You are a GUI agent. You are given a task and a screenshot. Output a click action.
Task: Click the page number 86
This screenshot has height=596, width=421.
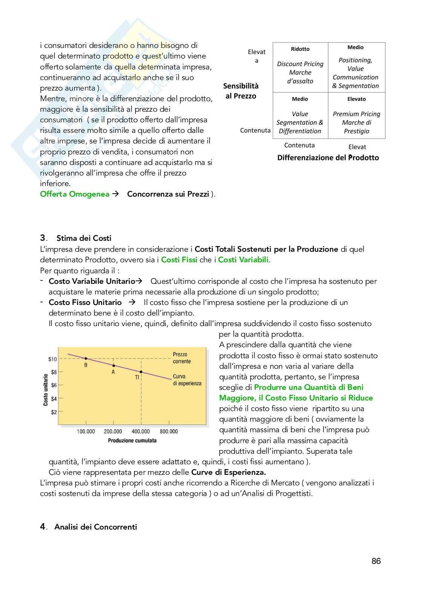click(x=376, y=561)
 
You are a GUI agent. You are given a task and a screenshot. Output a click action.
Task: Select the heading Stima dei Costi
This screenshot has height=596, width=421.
click(x=84, y=238)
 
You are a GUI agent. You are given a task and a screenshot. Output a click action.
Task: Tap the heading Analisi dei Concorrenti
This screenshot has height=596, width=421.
click(x=95, y=527)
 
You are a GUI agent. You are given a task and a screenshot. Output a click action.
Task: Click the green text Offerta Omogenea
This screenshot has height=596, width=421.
click(x=75, y=194)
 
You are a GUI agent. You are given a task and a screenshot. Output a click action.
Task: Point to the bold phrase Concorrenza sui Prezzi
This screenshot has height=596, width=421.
click(x=168, y=194)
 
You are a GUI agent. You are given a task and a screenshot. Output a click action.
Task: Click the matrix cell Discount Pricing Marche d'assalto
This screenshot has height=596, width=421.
click(x=300, y=68)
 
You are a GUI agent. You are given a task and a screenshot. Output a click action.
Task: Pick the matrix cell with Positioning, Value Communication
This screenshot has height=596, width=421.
click(x=356, y=68)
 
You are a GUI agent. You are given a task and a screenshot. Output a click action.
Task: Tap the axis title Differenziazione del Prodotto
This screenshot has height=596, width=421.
click(x=328, y=158)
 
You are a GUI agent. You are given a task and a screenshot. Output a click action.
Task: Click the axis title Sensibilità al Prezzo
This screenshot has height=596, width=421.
click(x=241, y=91)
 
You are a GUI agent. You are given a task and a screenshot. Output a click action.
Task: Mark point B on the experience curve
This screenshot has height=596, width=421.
click(x=86, y=359)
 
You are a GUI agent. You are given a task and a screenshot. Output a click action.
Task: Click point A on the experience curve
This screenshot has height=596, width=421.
click(x=114, y=365)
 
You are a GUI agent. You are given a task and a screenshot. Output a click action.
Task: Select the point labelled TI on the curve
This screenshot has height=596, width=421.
click(x=141, y=372)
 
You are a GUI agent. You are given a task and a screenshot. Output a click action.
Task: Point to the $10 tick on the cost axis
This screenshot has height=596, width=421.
click(x=52, y=359)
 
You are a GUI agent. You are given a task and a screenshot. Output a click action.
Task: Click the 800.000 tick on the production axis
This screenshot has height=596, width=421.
click(x=169, y=431)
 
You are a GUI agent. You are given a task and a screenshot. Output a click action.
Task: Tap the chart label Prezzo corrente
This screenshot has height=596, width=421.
click(x=182, y=358)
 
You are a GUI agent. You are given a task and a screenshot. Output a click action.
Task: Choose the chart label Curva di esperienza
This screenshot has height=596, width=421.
click(x=187, y=380)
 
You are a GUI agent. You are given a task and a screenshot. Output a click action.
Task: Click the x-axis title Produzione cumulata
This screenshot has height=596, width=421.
click(x=132, y=440)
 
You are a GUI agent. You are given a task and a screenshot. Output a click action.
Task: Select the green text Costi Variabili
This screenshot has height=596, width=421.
click(x=243, y=260)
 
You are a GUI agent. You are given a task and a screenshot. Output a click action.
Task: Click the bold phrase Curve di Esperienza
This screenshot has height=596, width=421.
click(x=228, y=472)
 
